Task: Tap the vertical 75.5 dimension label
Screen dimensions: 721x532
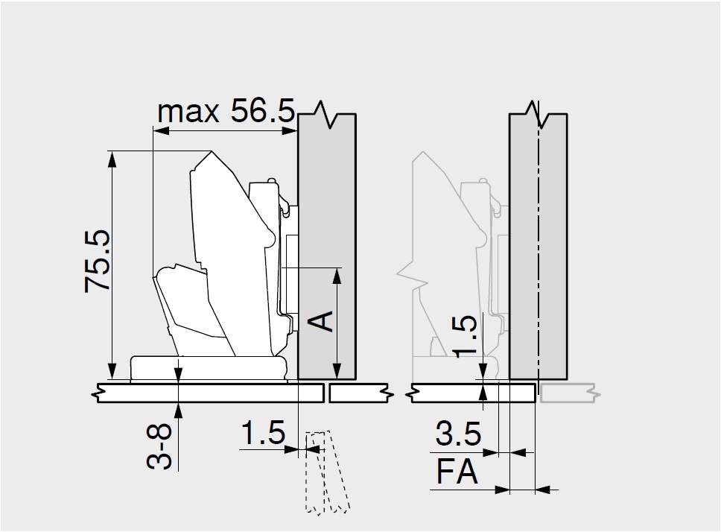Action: pyautogui.click(x=98, y=261)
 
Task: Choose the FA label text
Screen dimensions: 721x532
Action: pyautogui.click(x=457, y=472)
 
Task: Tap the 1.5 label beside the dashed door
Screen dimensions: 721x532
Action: pyautogui.click(x=263, y=432)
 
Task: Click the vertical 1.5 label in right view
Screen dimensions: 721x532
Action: pyautogui.click(x=465, y=336)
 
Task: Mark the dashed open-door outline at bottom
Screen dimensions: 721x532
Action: pyautogui.click(x=326, y=472)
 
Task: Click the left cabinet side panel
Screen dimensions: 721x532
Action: pyautogui.click(x=327, y=247)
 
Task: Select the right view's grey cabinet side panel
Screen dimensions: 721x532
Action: pyautogui.click(x=538, y=247)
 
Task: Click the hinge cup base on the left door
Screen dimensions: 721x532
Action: pyautogui.click(x=209, y=368)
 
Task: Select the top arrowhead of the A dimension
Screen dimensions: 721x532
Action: pyautogui.click(x=337, y=276)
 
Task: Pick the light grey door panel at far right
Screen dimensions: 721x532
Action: pyautogui.click(x=569, y=393)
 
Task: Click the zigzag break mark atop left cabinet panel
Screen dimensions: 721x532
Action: pyautogui.click(x=328, y=115)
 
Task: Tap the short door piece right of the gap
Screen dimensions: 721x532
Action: pyautogui.click(x=361, y=393)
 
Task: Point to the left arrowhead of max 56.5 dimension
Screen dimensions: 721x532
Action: pyautogui.click(x=161, y=131)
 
